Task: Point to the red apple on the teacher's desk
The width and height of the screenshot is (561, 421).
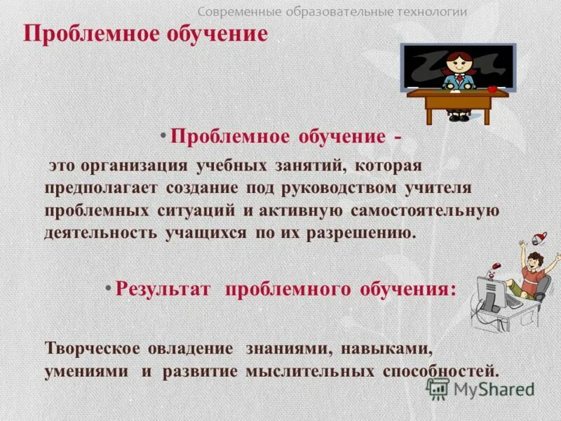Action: point(493,89)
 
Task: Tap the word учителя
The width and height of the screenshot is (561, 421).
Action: point(439,188)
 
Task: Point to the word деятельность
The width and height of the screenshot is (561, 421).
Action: point(102,233)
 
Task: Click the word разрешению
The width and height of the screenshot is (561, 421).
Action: point(360,233)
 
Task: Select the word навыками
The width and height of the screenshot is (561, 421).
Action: point(393,349)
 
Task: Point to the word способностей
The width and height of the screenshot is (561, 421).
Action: point(441,371)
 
